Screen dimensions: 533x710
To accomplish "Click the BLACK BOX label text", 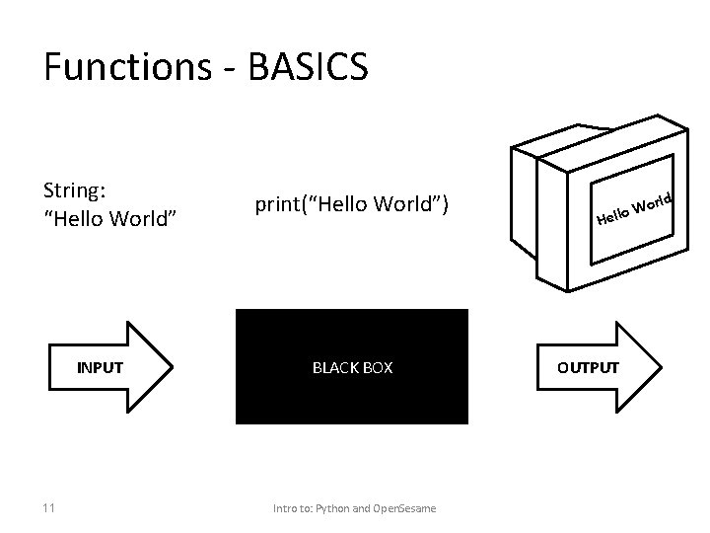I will tap(352, 368).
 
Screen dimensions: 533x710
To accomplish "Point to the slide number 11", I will tap(49, 508).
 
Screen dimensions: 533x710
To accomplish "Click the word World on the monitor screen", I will tap(653, 203).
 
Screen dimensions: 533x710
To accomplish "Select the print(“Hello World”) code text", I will tap(351, 204).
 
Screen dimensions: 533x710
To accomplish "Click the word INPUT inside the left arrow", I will tap(101, 368).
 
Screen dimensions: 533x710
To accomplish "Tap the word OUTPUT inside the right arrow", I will tap(589, 368).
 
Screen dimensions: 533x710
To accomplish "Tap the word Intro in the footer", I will tap(285, 509).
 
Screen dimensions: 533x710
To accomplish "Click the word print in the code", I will tap(276, 205).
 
